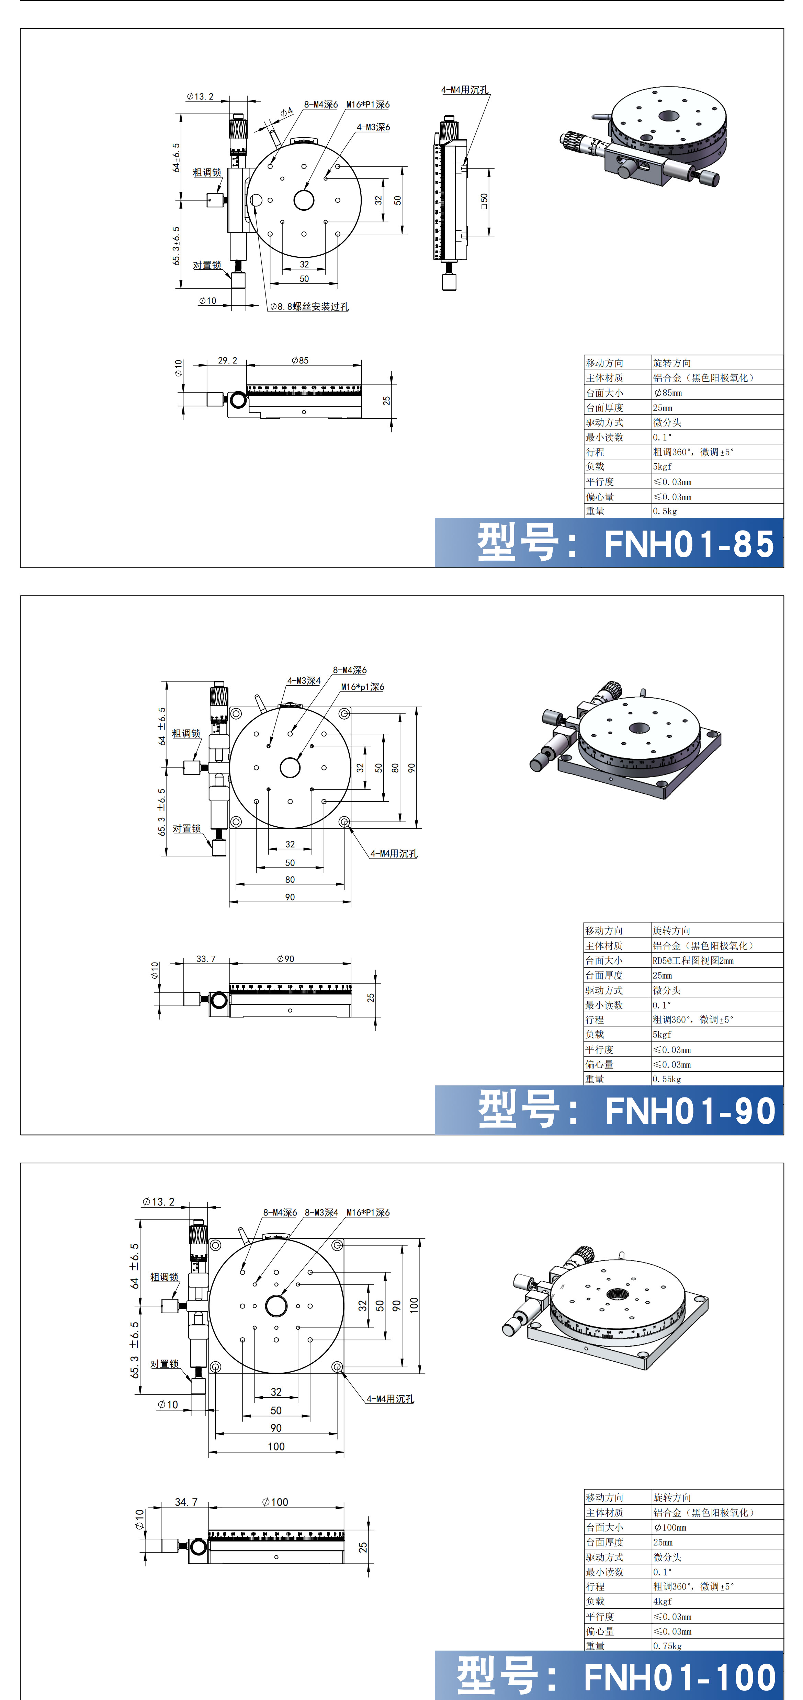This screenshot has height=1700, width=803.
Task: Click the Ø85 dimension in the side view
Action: pyautogui.click(x=300, y=360)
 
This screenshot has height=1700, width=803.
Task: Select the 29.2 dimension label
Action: pyautogui.click(x=227, y=360)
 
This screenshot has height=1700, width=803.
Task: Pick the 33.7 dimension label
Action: pyautogui.click(x=206, y=959)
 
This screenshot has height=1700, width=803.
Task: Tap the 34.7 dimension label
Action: pyautogui.click(x=186, y=1502)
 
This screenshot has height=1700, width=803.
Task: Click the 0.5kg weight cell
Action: pyautogui.click(x=665, y=511)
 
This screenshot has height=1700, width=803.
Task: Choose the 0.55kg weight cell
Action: pyautogui.click(x=667, y=1079)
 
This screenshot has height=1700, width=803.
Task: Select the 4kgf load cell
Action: pyautogui.click(x=662, y=1601)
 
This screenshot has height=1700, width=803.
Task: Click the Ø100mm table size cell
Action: pyautogui.click(x=670, y=1527)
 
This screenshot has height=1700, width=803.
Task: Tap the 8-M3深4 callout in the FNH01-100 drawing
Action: pyautogui.click(x=321, y=1212)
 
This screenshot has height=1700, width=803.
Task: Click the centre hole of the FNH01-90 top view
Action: pyautogui.click(x=290, y=768)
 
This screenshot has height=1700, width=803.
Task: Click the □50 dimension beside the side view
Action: pyautogui.click(x=484, y=201)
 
